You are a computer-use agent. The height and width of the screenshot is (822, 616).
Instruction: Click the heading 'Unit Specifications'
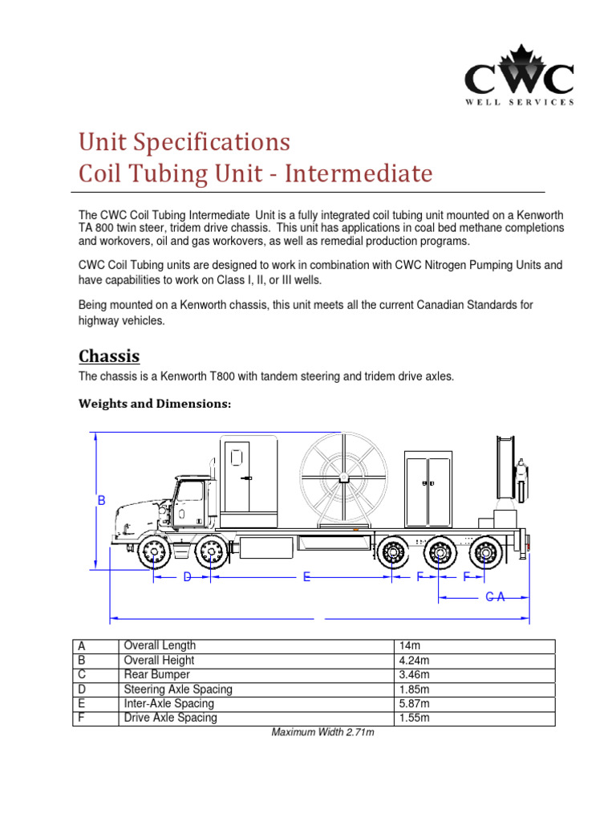point(184,142)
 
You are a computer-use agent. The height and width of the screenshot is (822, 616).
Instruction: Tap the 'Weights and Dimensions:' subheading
point(154,405)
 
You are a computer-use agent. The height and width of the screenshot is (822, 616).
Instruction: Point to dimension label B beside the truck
point(102,501)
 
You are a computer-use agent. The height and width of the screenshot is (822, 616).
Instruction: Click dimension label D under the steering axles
point(187,576)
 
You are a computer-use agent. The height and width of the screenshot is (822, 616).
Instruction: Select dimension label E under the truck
point(306,576)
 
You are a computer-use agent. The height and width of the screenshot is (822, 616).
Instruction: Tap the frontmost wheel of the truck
point(152,552)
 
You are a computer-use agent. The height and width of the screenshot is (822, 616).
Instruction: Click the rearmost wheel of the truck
point(484,552)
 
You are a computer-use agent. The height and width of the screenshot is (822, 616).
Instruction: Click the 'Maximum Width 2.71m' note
point(323,732)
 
